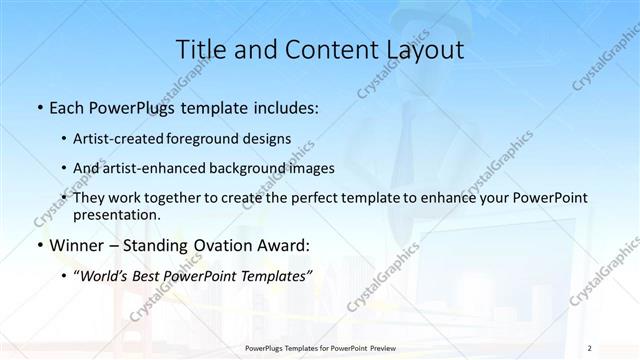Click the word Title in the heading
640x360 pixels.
coord(200,49)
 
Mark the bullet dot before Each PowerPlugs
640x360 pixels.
coord(39,108)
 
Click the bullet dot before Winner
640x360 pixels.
coord(39,244)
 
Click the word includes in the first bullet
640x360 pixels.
coord(284,108)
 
